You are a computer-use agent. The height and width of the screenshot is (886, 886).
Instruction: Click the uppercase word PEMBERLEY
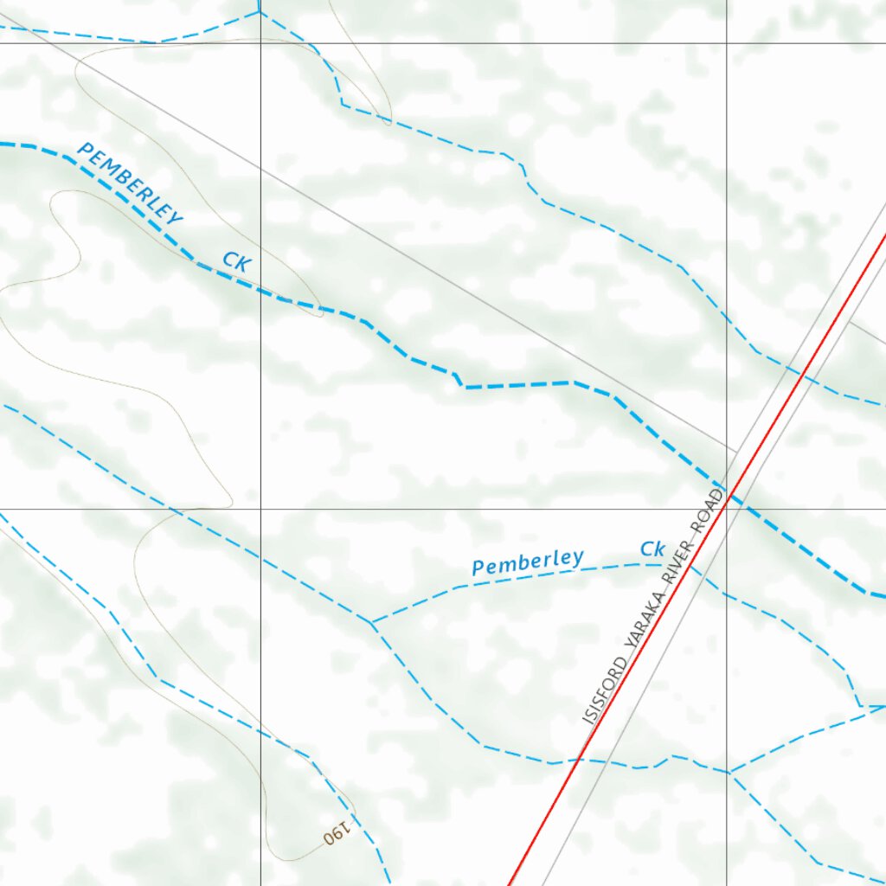[130, 184]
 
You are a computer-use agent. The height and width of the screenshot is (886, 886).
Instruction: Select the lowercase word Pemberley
[528, 562]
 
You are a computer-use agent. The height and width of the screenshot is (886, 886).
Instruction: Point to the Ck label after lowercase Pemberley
[652, 549]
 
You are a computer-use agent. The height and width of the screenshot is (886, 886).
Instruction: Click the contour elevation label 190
[337, 834]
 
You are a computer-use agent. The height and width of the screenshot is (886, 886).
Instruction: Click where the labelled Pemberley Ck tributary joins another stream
[371, 622]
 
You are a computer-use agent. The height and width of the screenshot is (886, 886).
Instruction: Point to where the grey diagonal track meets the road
[735, 452]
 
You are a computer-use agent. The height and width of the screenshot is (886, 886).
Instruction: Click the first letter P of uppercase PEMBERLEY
[85, 151]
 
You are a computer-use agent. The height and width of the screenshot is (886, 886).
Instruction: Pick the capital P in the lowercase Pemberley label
[478, 568]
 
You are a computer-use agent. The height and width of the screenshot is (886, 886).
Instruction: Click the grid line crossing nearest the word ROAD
[726, 509]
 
